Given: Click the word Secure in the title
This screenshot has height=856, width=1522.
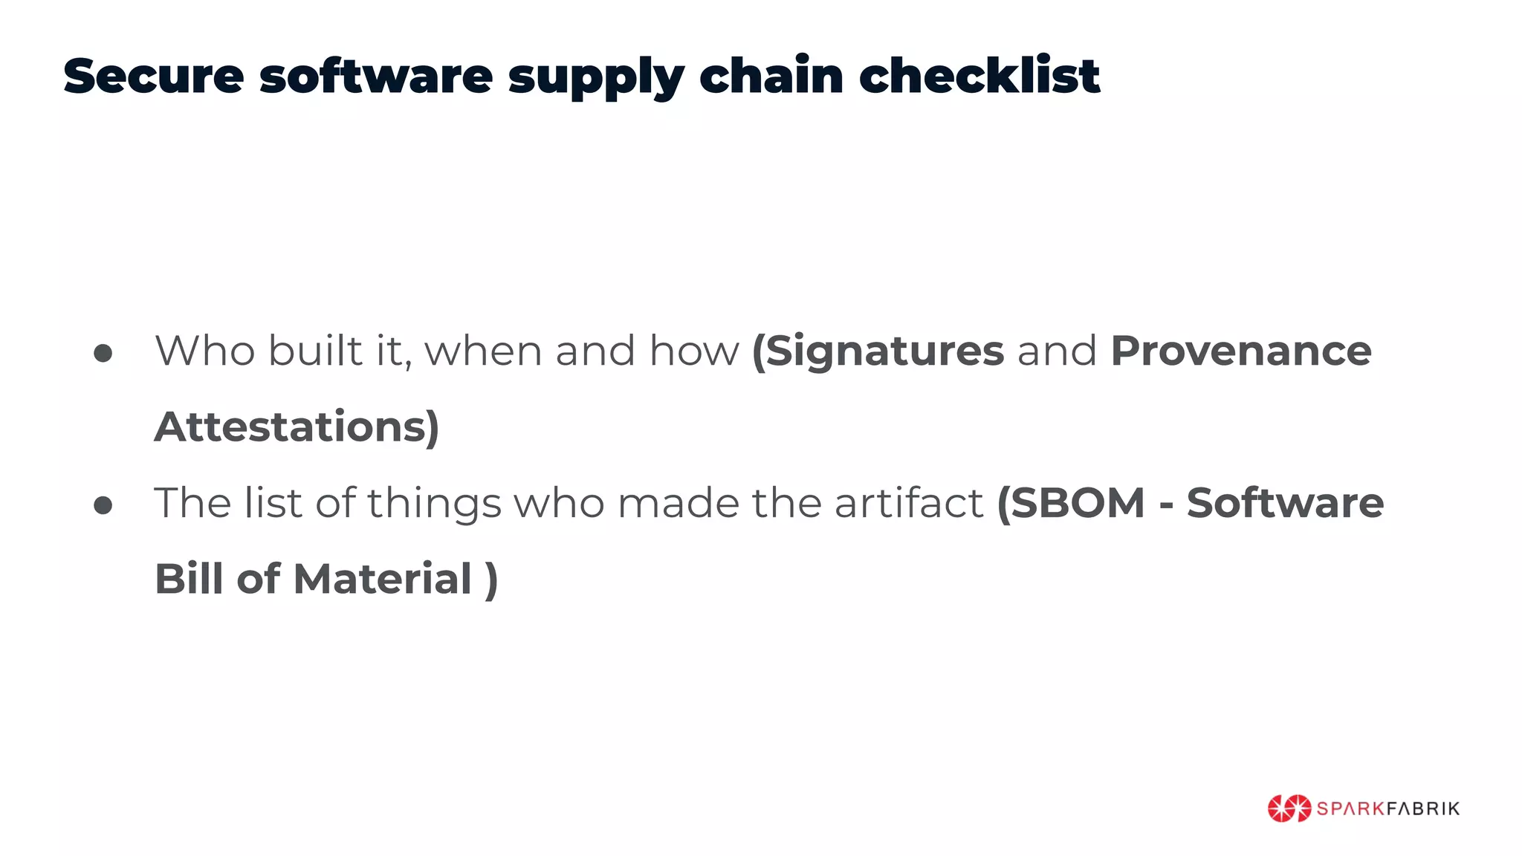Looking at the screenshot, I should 153,76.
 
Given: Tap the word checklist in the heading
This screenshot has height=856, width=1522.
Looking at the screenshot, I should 979,76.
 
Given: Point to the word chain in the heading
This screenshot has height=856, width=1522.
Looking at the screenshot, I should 771,76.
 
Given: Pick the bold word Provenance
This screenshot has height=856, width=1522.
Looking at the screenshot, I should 1240,351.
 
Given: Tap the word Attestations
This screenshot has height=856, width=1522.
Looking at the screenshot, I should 297,427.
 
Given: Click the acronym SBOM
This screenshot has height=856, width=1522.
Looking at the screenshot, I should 1077,503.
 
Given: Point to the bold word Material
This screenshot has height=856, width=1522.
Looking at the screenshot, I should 383,579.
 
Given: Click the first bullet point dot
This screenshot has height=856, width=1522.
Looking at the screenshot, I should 103,354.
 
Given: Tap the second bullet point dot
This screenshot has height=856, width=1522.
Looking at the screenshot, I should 103,506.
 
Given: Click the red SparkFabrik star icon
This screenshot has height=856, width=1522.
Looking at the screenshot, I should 1289,808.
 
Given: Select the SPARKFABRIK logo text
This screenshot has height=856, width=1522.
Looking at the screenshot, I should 1387,808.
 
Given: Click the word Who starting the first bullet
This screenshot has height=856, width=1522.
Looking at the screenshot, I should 204,351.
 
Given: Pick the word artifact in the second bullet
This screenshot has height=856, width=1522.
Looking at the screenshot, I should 909,503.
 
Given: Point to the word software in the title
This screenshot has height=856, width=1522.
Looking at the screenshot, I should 375,76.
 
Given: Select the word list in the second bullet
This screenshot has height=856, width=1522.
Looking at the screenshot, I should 273,503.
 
